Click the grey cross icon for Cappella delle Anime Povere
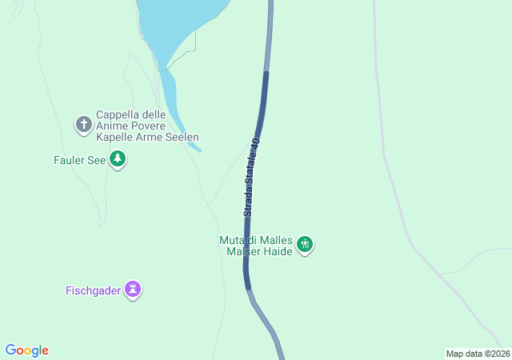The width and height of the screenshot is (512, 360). [x=83, y=124]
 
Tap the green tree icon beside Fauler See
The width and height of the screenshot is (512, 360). [x=118, y=159]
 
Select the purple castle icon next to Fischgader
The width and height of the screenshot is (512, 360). [x=133, y=290]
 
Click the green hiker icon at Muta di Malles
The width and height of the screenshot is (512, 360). [x=304, y=244]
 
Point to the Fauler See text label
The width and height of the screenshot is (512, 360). [x=80, y=159]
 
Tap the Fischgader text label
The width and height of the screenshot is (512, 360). [x=93, y=290]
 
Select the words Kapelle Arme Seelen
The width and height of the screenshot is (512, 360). [x=146, y=138]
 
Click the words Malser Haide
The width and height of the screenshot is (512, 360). [x=259, y=251]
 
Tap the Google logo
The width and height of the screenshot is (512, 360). [x=26, y=350]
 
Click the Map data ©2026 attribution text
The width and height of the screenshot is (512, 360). [x=478, y=354]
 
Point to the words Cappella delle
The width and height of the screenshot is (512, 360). [x=130, y=114]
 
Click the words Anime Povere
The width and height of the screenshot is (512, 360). [x=130, y=126]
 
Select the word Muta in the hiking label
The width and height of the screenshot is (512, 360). [x=231, y=239]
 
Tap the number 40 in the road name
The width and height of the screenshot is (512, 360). [x=255, y=144]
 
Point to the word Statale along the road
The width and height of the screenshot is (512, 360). [x=252, y=170]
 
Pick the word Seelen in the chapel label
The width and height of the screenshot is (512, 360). [x=182, y=138]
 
